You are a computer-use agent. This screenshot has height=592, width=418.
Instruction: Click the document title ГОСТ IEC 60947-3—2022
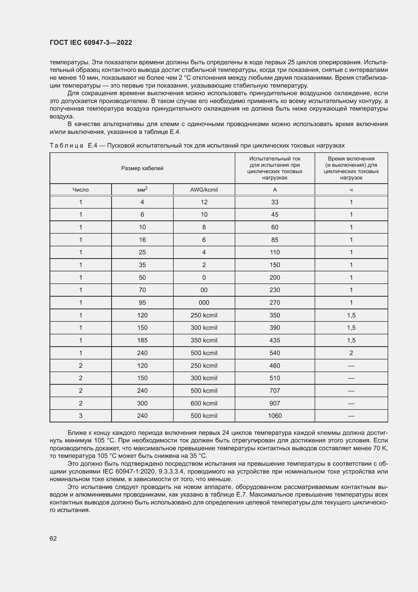91,43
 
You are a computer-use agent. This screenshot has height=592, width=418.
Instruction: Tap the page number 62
53,538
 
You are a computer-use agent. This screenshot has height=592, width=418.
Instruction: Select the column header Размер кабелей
142,168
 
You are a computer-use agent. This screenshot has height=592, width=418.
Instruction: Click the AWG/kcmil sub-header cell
204,190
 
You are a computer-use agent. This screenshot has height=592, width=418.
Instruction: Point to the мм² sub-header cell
142,190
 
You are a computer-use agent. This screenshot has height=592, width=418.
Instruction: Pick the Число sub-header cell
81,190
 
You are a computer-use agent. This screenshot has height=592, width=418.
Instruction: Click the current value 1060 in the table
275,416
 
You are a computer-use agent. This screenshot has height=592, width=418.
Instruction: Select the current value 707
275,391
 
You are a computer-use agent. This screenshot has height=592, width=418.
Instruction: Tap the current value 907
275,403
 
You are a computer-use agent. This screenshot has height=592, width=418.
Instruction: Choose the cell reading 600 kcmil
204,403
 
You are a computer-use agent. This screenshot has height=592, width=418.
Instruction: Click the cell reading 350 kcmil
204,340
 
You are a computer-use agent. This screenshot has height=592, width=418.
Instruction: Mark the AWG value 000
204,303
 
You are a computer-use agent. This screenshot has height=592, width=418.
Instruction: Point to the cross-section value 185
142,340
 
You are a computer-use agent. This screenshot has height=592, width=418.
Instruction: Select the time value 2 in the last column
351,353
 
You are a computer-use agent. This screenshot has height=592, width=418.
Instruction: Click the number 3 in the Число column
81,416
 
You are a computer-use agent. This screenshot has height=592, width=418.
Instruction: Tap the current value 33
275,202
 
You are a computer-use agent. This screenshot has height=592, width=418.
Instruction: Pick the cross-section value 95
142,303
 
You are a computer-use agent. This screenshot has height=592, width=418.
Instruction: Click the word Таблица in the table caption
66,146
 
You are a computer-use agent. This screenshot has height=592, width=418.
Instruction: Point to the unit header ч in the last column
351,190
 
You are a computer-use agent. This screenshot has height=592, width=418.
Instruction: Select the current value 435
275,340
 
